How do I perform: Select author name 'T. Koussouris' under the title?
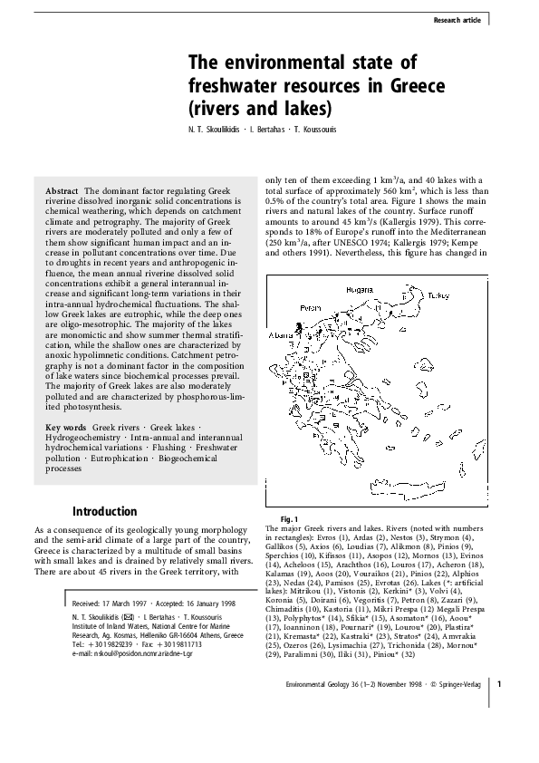(x=309, y=130)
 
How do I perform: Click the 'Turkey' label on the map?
(x=438, y=295)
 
